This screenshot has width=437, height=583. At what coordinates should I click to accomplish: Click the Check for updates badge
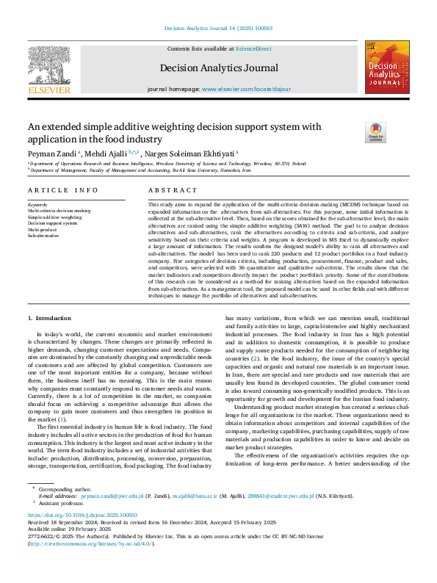tap(375, 132)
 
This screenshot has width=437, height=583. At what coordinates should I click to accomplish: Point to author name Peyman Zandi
tap(51, 154)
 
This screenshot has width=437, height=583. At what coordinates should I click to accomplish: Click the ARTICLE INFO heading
tap(62, 189)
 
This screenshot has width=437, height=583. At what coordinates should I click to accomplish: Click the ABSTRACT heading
tap(163, 189)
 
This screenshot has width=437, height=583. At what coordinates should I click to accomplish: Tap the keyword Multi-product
tap(43, 230)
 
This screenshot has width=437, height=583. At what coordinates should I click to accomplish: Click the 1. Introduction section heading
tap(49, 318)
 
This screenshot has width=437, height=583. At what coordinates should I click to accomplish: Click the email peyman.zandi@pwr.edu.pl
tap(112, 517)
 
